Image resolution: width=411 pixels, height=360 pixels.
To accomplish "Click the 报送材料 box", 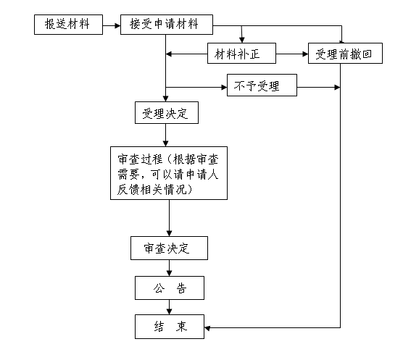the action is pos(68,25).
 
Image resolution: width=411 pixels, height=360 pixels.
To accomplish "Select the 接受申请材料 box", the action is pos(167,25).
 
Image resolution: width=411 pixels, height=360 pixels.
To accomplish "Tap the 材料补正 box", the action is pos(241,54).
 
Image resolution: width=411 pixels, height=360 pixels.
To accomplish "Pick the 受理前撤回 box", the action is pos(345,54).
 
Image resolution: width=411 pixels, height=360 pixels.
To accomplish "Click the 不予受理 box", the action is pos(262,85).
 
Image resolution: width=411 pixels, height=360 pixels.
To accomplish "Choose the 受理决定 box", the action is pos(167,113).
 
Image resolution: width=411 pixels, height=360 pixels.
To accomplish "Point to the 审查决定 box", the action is pos(170,248).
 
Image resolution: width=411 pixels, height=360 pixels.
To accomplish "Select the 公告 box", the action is pos(170,288).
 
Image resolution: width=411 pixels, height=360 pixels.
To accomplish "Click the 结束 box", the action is pos(170,327).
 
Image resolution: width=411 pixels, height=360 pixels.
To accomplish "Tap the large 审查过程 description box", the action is pos(169,173).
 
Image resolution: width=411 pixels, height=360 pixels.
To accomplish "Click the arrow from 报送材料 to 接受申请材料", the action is pos(112,25).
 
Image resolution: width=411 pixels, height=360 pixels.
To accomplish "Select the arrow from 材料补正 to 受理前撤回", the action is pos(292,54).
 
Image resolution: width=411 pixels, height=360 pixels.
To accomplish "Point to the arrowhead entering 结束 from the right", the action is pos(207,328).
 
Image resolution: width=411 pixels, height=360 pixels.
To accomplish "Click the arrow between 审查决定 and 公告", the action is pos(170,268).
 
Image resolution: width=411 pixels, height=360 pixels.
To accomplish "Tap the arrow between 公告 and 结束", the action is pos(170,307).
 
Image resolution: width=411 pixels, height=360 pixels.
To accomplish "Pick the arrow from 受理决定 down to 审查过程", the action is pos(166,135).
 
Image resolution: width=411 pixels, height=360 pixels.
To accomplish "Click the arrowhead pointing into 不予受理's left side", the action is pos(224,87).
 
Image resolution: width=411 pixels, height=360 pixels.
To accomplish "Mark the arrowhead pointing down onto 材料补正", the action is pos(242,40).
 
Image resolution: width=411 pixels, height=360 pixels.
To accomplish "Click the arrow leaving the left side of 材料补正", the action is pos(186,54).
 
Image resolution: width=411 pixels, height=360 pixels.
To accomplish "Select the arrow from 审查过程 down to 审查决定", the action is pos(170,218).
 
